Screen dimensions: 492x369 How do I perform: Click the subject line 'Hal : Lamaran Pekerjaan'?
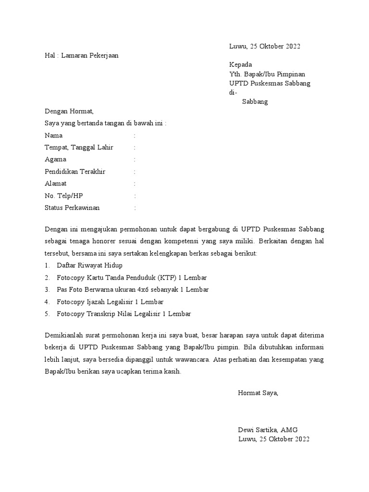coord(81,55)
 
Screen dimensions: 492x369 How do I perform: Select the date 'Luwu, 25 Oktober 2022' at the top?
coord(265,46)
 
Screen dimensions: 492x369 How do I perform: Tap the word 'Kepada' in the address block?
coord(241,65)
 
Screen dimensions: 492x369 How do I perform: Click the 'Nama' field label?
coord(54,135)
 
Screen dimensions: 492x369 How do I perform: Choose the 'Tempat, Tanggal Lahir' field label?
coord(79,148)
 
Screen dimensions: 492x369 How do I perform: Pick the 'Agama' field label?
coord(56,159)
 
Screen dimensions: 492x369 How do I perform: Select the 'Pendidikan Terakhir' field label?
coord(75,172)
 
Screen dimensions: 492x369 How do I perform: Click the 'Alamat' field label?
coord(56,184)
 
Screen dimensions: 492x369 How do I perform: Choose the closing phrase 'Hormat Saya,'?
coord(258,393)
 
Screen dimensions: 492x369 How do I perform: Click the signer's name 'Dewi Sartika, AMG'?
coord(268,430)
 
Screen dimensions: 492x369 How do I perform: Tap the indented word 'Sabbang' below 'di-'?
coord(255,101)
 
